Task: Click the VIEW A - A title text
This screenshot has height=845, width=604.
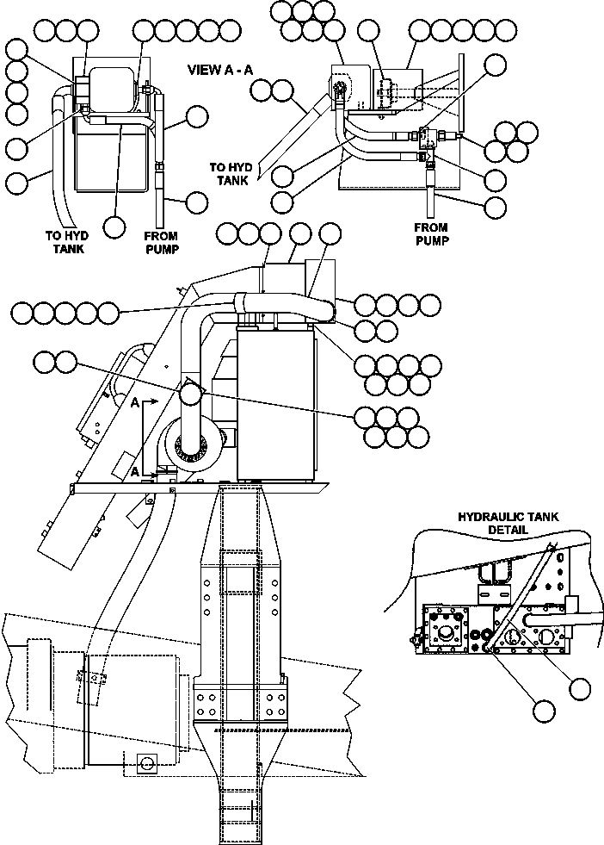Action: pyautogui.click(x=219, y=71)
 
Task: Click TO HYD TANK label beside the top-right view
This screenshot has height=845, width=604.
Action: pyautogui.click(x=231, y=173)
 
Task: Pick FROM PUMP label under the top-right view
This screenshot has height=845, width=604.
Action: pyautogui.click(x=433, y=234)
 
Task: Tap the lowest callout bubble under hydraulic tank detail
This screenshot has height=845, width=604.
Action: pyautogui.click(x=543, y=710)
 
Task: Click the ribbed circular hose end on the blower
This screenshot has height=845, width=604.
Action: pyautogui.click(x=190, y=445)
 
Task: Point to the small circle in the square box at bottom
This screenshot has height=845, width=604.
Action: pyautogui.click(x=145, y=763)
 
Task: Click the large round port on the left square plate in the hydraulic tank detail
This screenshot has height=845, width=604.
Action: pyautogui.click(x=447, y=636)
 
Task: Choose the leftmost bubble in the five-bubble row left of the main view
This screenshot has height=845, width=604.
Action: pyautogui.click(x=23, y=312)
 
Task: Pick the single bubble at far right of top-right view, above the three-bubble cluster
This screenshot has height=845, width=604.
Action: pyautogui.click(x=496, y=65)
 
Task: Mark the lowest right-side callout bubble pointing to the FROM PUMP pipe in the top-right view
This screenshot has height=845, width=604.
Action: pyautogui.click(x=496, y=207)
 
